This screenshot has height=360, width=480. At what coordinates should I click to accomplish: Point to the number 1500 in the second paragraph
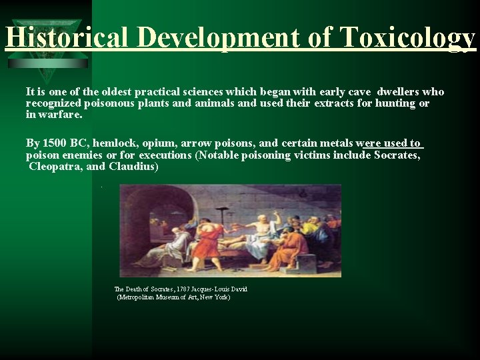[53, 143]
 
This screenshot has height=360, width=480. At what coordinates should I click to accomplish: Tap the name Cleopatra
[56, 167]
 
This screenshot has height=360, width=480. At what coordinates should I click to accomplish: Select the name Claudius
[133, 167]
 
